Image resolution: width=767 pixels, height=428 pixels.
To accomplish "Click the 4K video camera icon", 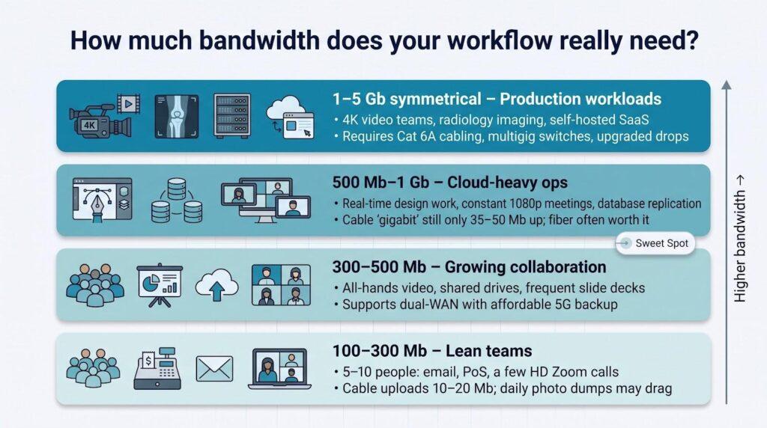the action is coord(104,116).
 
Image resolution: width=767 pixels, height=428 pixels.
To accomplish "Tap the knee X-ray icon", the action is coord(177,116).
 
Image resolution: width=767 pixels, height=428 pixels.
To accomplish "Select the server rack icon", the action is coord(232,116).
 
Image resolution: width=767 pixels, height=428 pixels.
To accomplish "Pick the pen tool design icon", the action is coord(102,200).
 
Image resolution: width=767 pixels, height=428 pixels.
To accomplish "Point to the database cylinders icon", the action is coord(177,201).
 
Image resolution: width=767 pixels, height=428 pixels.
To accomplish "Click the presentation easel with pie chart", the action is coord(160,286).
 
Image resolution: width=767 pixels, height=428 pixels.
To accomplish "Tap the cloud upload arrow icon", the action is coord(216,285).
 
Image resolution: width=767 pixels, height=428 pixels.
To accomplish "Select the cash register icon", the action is coord(157,368).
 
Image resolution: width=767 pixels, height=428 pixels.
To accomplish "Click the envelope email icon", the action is coord(214,368).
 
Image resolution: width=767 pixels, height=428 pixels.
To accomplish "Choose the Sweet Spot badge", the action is coord(655,243).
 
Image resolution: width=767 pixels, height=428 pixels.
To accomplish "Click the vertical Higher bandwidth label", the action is coord(739,239).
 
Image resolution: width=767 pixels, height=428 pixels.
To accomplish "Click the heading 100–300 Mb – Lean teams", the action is coord(432,351).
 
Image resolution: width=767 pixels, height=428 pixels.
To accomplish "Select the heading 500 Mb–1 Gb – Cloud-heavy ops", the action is coord(450,183).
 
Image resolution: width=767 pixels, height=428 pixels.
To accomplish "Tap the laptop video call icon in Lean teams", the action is coord(279,369).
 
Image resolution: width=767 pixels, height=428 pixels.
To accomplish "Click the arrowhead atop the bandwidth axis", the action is coord(727,85).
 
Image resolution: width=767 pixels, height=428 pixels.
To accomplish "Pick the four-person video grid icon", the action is coord(281,285).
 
